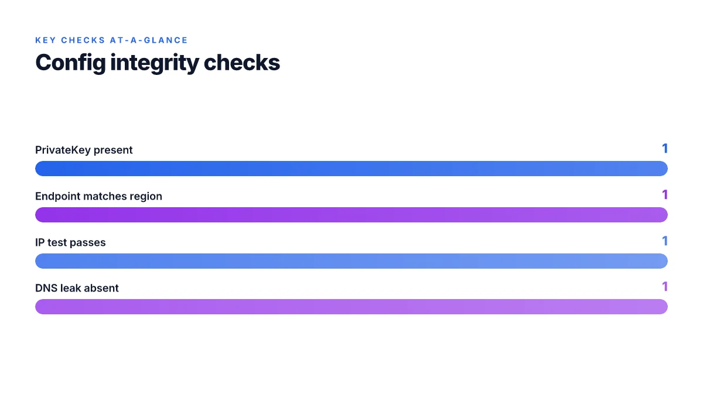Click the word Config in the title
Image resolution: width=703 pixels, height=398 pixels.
(71, 63)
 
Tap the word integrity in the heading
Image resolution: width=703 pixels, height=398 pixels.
(155, 63)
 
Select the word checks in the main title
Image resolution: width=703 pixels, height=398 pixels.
(241, 63)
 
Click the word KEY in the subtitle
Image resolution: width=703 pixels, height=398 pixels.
(46, 40)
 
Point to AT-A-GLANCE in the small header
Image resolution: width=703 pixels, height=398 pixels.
(149, 40)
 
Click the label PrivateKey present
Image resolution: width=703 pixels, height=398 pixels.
(84, 150)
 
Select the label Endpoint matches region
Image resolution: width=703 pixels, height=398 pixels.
(98, 196)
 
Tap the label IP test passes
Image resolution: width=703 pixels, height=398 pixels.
(70, 242)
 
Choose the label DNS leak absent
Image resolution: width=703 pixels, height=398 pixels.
(77, 288)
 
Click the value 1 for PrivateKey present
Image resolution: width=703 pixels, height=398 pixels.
(665, 148)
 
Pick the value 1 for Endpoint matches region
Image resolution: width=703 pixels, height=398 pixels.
(665, 195)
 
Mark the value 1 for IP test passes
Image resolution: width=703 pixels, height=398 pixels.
(665, 241)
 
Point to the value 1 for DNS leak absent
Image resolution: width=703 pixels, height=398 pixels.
(665, 286)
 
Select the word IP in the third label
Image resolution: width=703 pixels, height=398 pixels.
(40, 242)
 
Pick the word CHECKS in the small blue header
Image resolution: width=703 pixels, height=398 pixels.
(83, 40)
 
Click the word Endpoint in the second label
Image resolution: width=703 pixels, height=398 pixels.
(57, 196)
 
